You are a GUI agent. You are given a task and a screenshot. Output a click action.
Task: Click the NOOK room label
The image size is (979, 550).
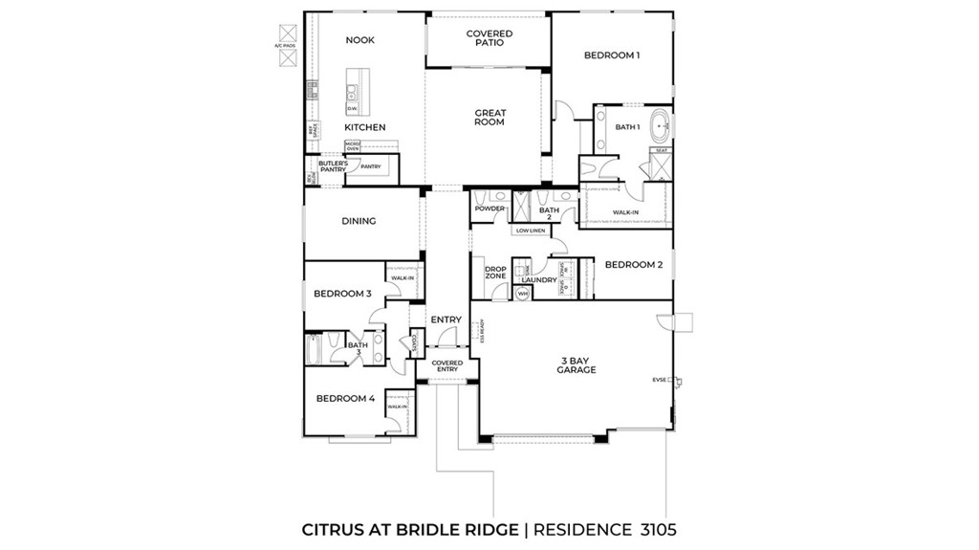(x=359, y=40)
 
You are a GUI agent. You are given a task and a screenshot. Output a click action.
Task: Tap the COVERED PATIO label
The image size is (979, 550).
(x=489, y=38)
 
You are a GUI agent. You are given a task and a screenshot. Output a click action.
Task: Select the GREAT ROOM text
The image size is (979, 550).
(x=489, y=118)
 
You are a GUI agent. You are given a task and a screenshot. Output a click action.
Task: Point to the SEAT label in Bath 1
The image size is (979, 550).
(x=661, y=150)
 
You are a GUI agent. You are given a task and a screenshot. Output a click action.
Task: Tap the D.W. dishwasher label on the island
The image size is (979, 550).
(x=352, y=108)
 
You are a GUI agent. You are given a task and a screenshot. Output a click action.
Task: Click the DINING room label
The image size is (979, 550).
(x=359, y=221)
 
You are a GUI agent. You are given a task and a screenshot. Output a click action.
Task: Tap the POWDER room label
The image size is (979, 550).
(x=489, y=209)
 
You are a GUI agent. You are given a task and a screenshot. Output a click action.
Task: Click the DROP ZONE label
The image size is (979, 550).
(x=495, y=273)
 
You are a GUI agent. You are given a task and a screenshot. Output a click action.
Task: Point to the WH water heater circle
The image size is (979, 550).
(x=522, y=294)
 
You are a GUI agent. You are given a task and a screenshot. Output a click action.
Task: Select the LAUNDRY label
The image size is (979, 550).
(x=539, y=280)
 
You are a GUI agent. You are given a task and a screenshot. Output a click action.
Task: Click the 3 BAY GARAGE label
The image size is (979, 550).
(x=577, y=365)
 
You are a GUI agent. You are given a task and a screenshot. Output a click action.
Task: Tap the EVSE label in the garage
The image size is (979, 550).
(x=659, y=380)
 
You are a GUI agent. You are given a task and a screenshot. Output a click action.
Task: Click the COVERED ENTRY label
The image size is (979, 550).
(x=446, y=366)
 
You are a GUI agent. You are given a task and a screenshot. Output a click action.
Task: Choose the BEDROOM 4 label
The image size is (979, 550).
(x=345, y=398)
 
